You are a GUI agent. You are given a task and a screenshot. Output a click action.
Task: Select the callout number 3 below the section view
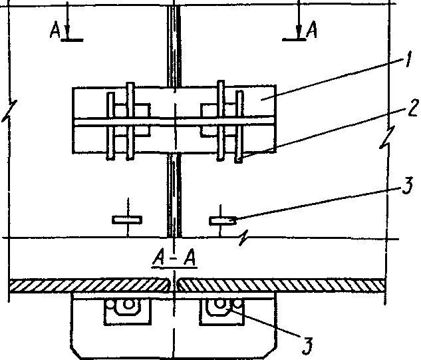click(x=307, y=344)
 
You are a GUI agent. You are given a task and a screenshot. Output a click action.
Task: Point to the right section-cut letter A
click(x=311, y=30)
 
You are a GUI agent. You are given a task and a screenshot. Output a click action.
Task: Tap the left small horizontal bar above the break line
click(x=126, y=219)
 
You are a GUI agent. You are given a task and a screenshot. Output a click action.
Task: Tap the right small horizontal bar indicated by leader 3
click(x=223, y=219)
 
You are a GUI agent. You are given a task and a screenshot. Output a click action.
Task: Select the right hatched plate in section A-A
click(x=279, y=285)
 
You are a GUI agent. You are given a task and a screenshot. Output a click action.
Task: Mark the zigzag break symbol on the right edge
click(x=386, y=141)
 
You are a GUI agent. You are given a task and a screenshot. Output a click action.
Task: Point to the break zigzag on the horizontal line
click(x=247, y=236)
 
